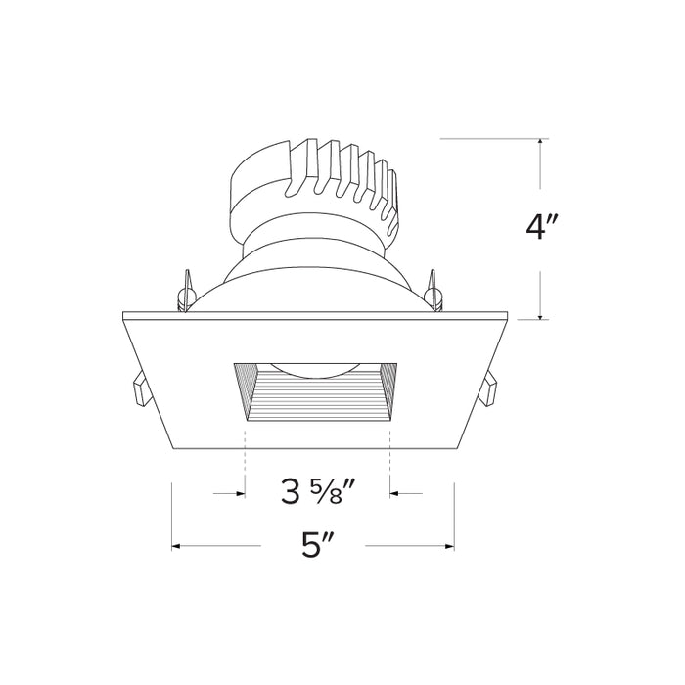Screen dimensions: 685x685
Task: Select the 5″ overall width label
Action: point(313,545)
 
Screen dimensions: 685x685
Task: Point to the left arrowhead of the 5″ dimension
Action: point(177,545)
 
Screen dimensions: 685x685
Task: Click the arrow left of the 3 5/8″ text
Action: point(236,494)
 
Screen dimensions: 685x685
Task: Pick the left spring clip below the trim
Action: point(138,390)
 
